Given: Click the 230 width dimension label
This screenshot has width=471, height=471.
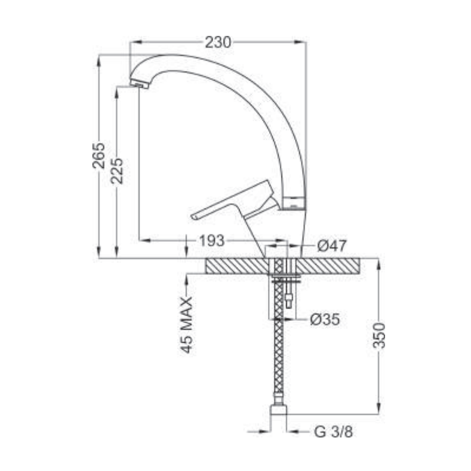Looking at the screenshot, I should point(218,42).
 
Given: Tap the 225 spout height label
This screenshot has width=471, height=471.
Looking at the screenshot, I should point(117,171).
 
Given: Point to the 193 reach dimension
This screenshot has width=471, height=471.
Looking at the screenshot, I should point(212,240).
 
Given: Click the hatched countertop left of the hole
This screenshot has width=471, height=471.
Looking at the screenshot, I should point(235,266).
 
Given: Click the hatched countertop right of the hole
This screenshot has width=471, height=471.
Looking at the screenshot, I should point(336,266).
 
